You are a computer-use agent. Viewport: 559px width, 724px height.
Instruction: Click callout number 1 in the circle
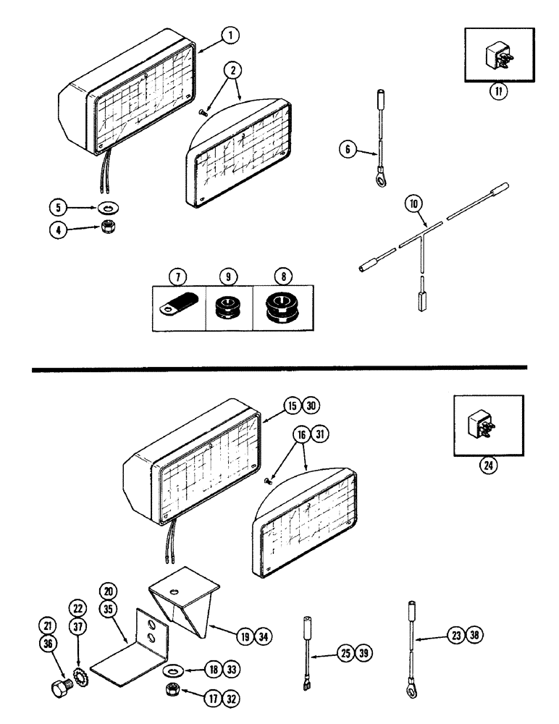(x=228, y=34)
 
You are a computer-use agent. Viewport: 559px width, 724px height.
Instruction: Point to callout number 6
(x=347, y=150)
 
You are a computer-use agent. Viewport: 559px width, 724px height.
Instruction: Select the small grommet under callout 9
(x=229, y=307)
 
